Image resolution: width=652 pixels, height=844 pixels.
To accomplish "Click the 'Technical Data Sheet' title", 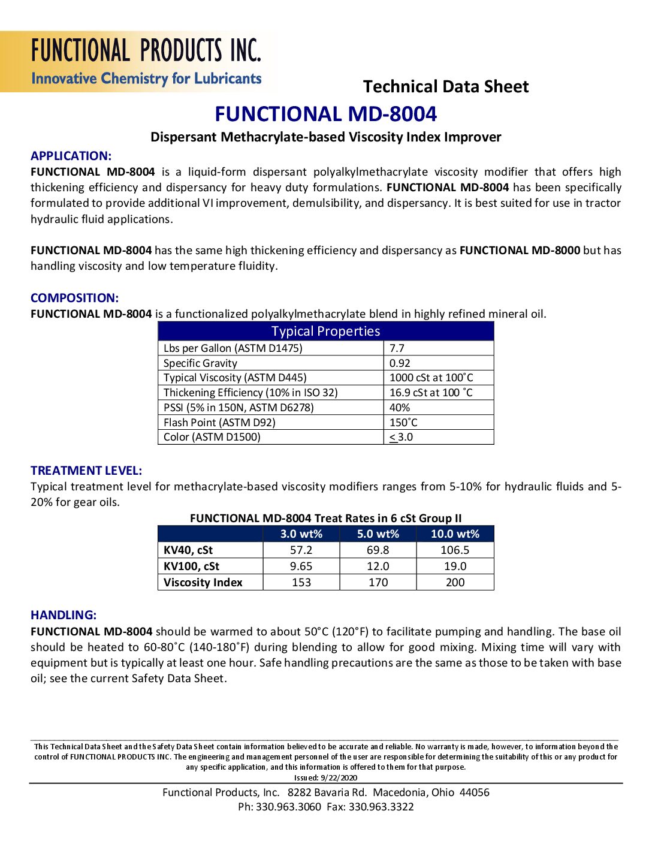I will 446,87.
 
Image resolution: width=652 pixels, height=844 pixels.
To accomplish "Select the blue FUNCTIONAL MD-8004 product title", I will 326,114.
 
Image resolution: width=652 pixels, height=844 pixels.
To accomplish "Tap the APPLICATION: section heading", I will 71,156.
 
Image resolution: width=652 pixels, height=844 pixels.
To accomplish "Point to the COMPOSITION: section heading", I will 74,298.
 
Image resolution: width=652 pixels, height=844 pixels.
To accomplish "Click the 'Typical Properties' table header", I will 325,331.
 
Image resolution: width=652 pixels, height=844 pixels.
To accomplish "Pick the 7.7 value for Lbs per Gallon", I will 397,348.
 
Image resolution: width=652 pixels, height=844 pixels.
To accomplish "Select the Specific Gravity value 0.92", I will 400,363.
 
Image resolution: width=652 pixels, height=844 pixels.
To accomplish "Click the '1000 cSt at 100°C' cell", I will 431,378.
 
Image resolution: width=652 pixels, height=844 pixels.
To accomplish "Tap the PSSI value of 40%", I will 400,408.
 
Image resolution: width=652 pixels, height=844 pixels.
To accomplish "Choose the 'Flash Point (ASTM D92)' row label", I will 219,423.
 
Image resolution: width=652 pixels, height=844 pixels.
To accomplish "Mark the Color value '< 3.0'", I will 401,437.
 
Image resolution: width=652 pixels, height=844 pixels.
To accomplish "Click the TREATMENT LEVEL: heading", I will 86,471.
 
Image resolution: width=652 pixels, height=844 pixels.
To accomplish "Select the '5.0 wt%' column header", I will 378,534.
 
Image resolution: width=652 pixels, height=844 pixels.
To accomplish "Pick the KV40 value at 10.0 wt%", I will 455,550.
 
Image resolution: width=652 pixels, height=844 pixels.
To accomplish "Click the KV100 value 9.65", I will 301,566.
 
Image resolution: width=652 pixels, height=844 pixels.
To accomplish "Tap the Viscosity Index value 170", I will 378,583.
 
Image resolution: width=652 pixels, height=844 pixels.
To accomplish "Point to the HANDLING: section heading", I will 64,615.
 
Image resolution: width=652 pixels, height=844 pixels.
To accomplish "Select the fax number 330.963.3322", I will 381,807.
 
